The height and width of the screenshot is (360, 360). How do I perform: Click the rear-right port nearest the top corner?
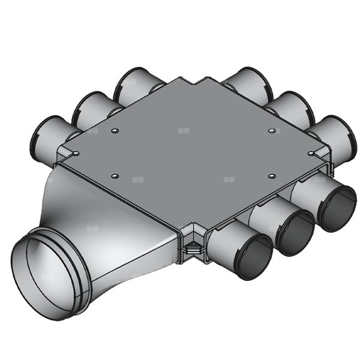249,84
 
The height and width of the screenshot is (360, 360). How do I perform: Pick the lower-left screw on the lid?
115,176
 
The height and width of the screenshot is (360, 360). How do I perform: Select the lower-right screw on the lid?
272,176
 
